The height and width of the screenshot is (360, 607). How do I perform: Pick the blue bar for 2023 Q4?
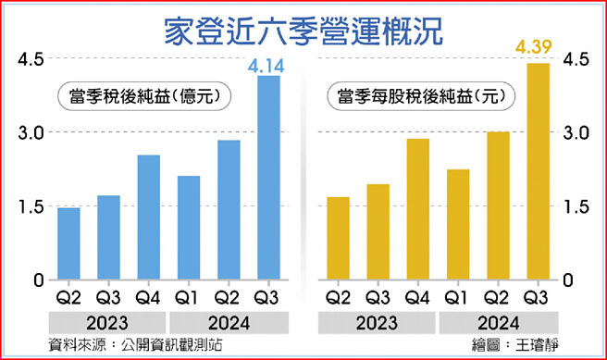(x=148, y=217)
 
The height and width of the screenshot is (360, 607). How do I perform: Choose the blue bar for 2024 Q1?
(x=189, y=228)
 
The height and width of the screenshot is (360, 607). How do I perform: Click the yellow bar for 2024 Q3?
(x=538, y=171)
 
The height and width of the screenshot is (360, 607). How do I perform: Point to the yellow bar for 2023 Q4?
(x=417, y=209)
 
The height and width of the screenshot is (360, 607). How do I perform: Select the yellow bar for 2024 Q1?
(x=457, y=224)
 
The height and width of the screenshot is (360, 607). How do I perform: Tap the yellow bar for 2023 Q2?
(x=338, y=238)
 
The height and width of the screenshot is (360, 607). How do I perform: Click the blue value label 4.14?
(x=268, y=65)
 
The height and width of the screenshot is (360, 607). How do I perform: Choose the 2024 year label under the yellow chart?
(x=498, y=324)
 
